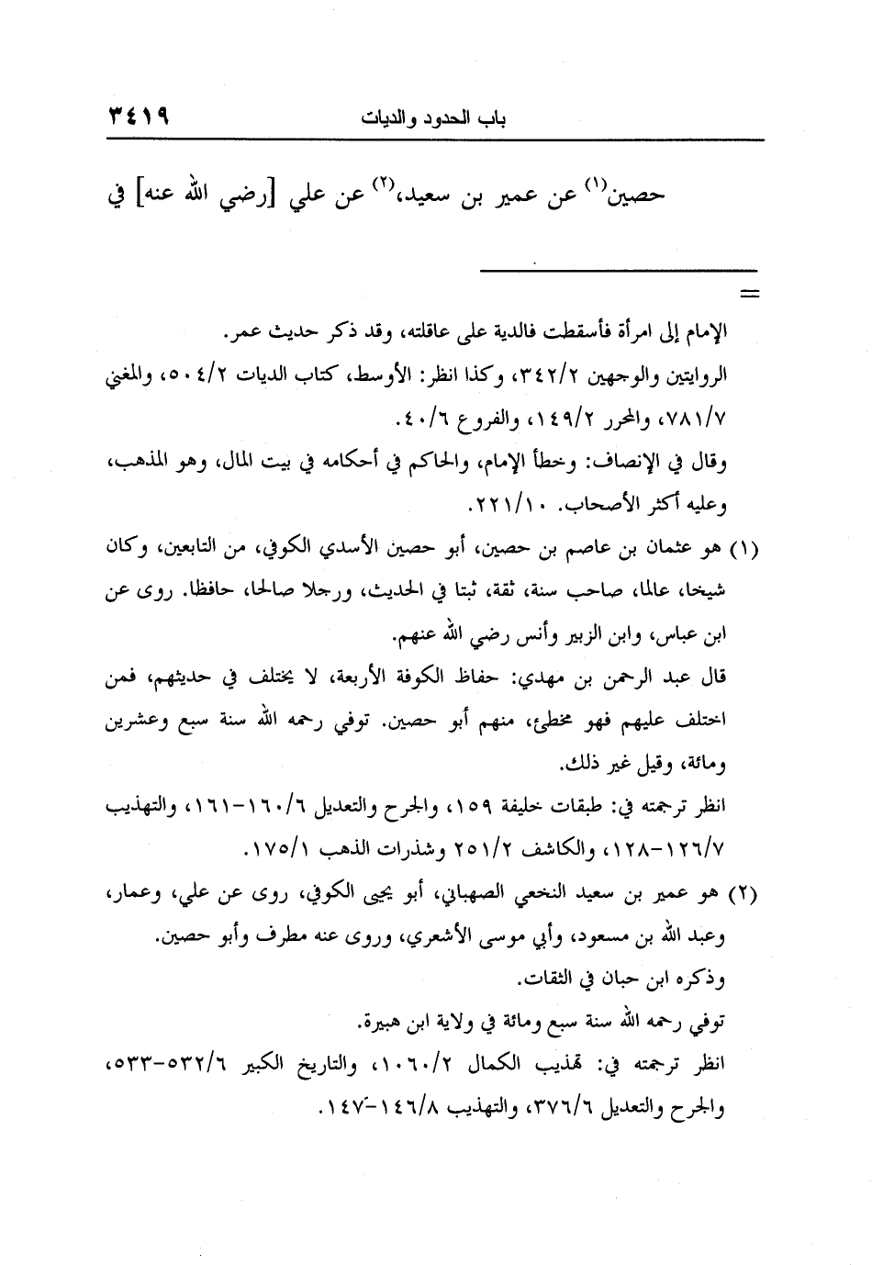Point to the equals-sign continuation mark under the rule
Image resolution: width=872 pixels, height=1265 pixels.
pos(751,295)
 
